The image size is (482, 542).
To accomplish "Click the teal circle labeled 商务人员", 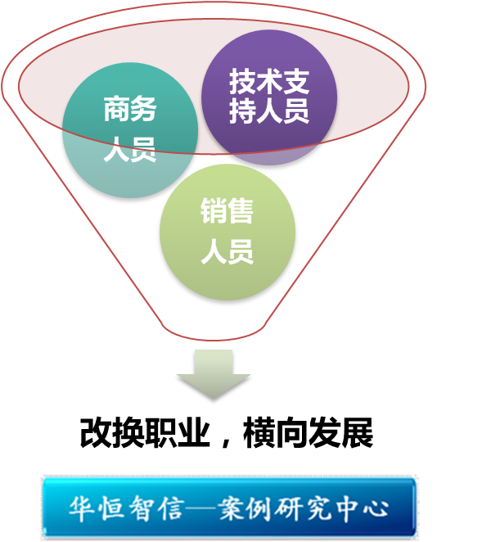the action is [130, 130].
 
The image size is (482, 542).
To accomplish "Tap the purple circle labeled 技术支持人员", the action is [269, 97].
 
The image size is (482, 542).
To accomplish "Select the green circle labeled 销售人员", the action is [227, 232].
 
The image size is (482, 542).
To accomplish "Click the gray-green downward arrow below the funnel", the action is [214, 374].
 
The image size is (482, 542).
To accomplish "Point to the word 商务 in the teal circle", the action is [130, 109].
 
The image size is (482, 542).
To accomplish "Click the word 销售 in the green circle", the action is [227, 210].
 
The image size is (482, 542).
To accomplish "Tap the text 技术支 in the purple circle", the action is [269, 81].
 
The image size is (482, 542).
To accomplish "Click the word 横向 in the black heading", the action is [276, 433].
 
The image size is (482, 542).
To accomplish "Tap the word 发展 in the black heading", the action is [340, 433].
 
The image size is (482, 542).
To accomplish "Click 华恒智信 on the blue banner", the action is [126, 508].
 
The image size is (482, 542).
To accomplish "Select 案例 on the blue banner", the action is [245, 508].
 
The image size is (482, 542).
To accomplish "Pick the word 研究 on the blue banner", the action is [301, 508].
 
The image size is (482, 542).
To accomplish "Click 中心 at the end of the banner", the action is [363, 508].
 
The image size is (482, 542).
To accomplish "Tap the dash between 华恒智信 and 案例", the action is [200, 508].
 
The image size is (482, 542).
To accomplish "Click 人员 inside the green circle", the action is [227, 251].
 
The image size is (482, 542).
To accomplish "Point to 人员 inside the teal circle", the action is [130, 149].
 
